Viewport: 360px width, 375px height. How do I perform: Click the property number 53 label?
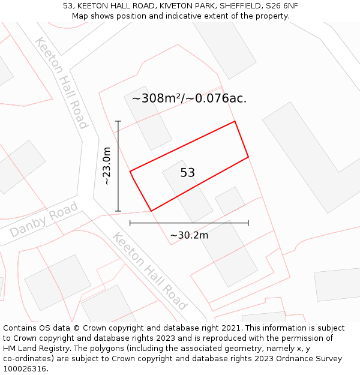point(187,173)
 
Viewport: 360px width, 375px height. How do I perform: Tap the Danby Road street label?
point(44,220)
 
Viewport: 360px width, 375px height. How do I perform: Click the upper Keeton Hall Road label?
point(62,83)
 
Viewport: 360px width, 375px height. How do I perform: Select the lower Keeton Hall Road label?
point(150,272)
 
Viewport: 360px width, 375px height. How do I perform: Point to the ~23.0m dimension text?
point(107,166)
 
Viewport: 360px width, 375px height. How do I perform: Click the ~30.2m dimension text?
point(189,235)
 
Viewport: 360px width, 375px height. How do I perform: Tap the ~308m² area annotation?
point(189,98)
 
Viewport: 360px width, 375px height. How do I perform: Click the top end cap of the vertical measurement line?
point(118,122)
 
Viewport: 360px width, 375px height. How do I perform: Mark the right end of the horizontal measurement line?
point(248,223)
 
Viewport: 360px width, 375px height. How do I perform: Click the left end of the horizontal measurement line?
point(130,223)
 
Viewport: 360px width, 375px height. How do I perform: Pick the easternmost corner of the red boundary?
point(248,158)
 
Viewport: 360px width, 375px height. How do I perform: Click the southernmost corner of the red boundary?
point(151,211)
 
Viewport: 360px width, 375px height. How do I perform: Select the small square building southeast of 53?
point(230,201)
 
